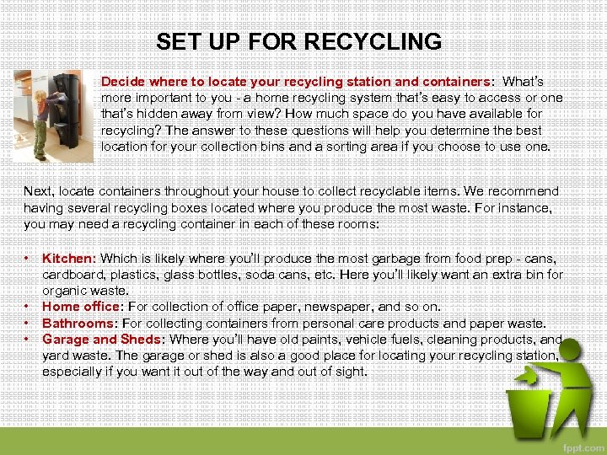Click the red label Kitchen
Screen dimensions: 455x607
(69, 259)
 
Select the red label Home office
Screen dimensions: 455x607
(82, 307)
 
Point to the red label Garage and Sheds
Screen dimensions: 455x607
(101, 339)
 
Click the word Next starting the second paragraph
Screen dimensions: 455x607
(37, 192)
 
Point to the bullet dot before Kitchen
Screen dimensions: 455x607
(28, 258)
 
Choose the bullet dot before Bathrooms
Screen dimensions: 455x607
(28, 322)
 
